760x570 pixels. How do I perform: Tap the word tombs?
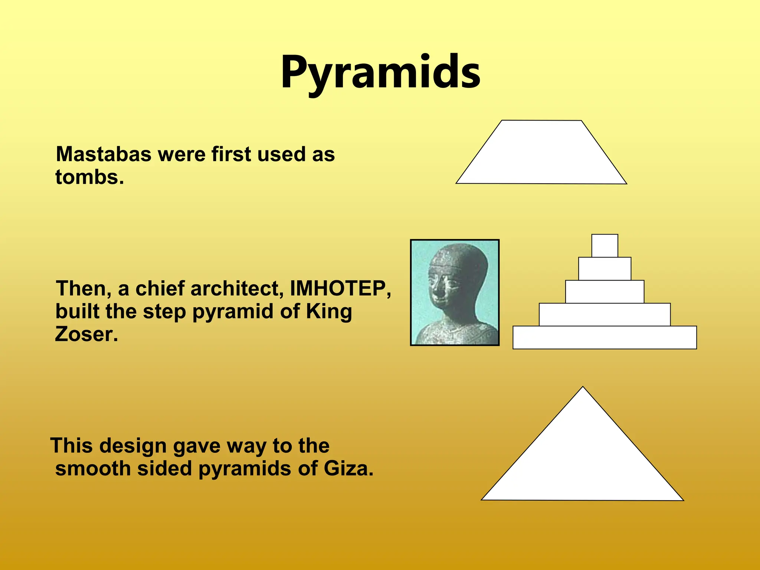(89, 177)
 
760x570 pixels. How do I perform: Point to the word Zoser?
(86, 334)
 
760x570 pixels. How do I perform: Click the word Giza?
(348, 468)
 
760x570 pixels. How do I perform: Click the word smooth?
(93, 468)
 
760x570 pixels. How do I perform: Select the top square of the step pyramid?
(605, 246)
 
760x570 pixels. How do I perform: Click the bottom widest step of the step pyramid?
(605, 337)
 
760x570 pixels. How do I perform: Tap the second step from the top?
(605, 269)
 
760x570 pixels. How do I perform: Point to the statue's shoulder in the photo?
(479, 332)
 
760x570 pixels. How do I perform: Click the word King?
(329, 311)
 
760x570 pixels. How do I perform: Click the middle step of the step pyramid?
(605, 292)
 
